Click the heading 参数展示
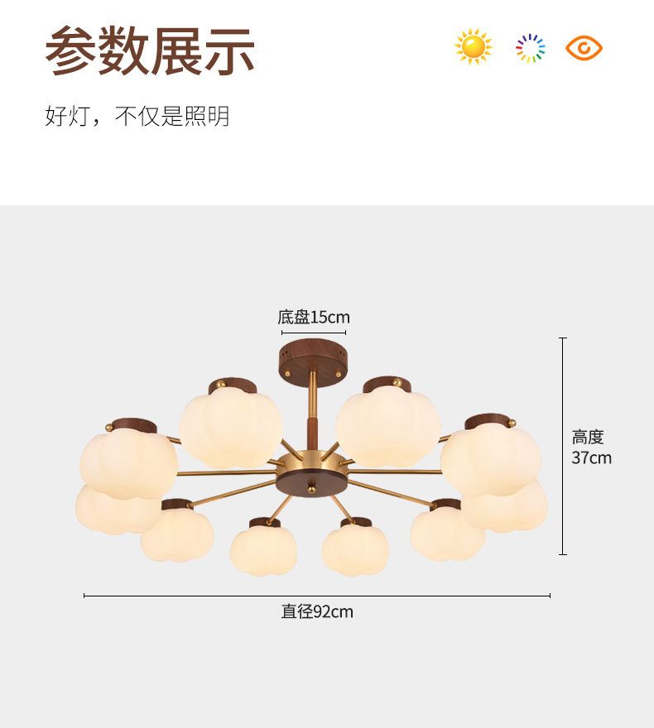click(149, 51)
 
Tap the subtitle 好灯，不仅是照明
click(137, 117)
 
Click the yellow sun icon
click(474, 47)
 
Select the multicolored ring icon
click(530, 48)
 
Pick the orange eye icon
click(584, 48)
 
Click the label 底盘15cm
click(314, 317)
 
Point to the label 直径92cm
click(317, 612)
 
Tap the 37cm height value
click(591, 457)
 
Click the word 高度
click(588, 438)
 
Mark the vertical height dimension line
click(563, 446)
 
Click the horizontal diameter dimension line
click(317, 596)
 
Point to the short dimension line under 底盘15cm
click(313, 333)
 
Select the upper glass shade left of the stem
click(231, 429)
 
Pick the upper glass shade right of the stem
click(388, 429)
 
